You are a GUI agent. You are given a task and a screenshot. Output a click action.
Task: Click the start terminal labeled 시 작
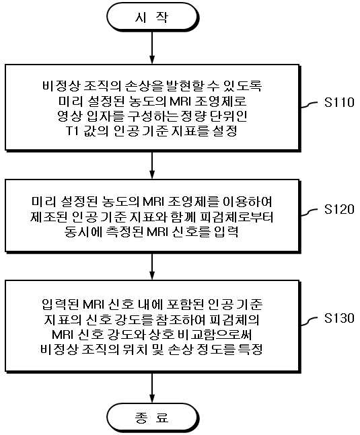pyautogui.click(x=152, y=17)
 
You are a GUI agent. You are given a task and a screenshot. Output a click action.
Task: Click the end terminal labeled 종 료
pyautogui.click(x=152, y=418)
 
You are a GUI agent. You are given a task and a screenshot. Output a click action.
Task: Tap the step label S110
pyautogui.click(x=339, y=102)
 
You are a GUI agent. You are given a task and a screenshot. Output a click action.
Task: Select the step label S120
pyautogui.click(x=339, y=209)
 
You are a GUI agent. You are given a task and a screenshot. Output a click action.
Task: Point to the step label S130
pyautogui.click(x=339, y=318)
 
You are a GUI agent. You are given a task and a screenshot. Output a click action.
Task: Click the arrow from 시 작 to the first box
pyautogui.click(x=152, y=47)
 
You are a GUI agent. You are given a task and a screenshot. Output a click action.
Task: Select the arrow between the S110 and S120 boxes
pyautogui.click(x=152, y=165)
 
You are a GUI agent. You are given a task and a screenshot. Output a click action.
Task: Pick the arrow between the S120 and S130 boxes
pyautogui.click(x=152, y=267)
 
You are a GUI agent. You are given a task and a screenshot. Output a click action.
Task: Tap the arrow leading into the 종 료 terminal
pyautogui.click(x=152, y=387)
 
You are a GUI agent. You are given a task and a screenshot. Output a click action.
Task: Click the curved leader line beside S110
pyautogui.click(x=310, y=104)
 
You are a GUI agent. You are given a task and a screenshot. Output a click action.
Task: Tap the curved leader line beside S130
pyautogui.click(x=310, y=320)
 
